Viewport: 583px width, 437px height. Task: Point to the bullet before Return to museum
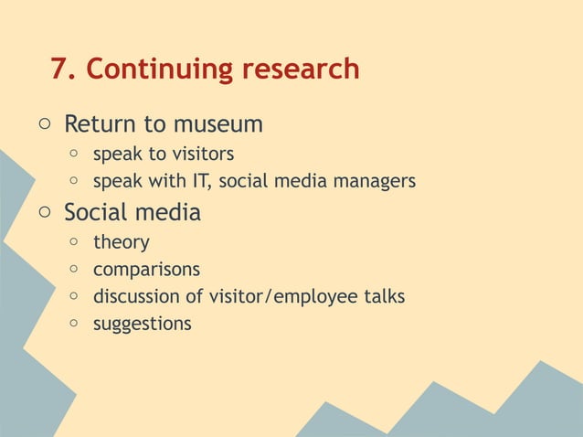(43, 123)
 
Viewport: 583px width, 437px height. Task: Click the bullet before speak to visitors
(73, 154)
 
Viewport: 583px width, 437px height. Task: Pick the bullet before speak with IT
(73, 181)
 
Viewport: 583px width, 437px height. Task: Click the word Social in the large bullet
(96, 213)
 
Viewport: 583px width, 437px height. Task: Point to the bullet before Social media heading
(43, 213)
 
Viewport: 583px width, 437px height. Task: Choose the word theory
(121, 243)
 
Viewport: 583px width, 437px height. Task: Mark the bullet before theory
(73, 243)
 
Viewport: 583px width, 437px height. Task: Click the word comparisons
(146, 271)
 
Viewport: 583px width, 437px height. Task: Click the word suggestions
(142, 324)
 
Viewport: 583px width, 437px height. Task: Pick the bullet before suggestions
(73, 324)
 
